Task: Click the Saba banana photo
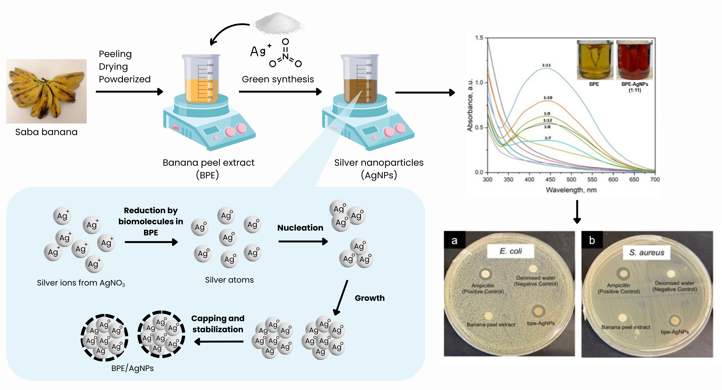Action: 46,91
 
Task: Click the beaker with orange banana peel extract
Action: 201,79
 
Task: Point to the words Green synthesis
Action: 278,79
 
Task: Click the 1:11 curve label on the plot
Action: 546,65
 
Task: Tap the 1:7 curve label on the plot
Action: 548,138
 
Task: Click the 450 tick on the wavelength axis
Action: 550,179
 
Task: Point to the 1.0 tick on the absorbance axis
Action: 479,83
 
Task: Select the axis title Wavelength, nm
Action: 571,190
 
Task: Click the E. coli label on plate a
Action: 511,251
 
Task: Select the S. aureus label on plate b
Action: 647,253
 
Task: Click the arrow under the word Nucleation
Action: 303,241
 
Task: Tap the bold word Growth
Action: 369,298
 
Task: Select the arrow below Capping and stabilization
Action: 219,341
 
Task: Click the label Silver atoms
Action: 229,280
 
